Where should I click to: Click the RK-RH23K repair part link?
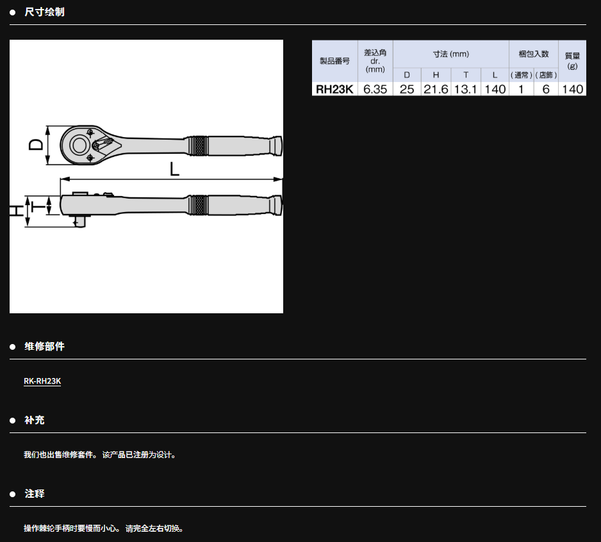[42, 381]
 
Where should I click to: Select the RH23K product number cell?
[334, 89]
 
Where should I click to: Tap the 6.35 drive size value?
[375, 89]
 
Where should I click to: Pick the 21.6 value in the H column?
[436, 89]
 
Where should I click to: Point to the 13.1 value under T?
[465, 89]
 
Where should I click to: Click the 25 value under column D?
[407, 89]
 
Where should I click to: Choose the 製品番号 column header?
[334, 61]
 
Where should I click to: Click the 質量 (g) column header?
[572, 61]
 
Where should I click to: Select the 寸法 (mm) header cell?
[451, 54]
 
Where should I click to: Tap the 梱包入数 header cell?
[534, 54]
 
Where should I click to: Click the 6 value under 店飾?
[546, 89]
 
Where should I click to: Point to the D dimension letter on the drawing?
[37, 145]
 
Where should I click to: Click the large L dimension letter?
[174, 168]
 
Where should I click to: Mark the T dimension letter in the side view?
[38, 206]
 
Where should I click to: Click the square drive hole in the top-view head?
[79, 145]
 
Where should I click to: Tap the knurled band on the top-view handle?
[199, 145]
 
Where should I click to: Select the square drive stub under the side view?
[79, 222]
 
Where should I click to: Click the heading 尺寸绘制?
[44, 12]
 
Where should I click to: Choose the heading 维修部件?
[44, 347]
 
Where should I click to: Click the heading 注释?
[35, 494]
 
